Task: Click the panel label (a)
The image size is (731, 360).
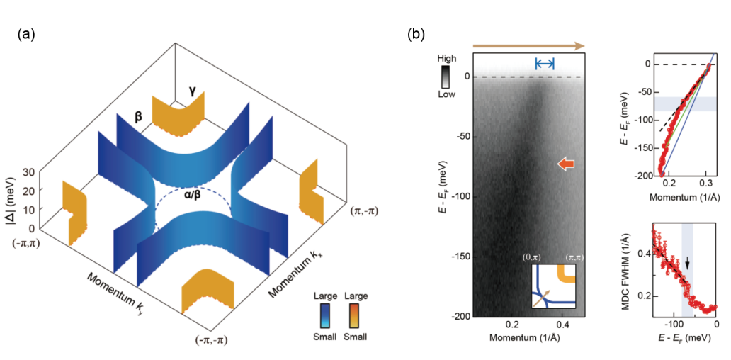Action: pyautogui.click(x=26, y=35)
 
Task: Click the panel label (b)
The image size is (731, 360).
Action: pyautogui.click(x=416, y=35)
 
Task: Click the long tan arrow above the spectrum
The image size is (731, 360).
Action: pyautogui.click(x=528, y=45)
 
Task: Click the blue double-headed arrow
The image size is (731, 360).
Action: pyautogui.click(x=545, y=64)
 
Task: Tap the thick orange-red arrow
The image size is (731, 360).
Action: pyautogui.click(x=566, y=163)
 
